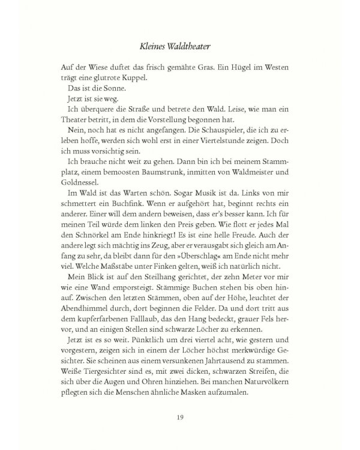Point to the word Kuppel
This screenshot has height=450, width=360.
pyautogui.click(x=143, y=78)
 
